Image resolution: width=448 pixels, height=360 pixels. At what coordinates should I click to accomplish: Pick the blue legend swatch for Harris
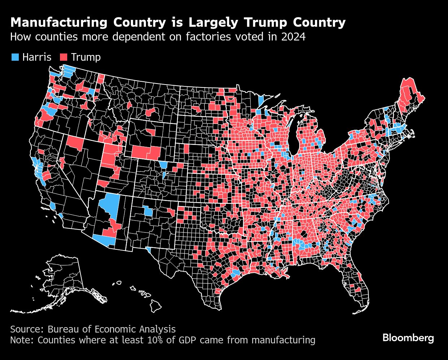(x=15, y=57)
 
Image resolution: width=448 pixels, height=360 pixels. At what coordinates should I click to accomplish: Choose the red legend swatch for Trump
(x=64, y=57)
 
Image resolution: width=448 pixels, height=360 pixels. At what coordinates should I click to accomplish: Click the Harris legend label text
(x=36, y=57)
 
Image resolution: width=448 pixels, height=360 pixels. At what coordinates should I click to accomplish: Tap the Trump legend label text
(x=86, y=57)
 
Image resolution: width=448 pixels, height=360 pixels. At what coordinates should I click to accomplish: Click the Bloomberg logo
(x=408, y=338)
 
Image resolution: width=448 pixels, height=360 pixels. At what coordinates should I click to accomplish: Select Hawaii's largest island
(x=156, y=307)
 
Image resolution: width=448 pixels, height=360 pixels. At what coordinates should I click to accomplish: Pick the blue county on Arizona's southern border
(x=105, y=240)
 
